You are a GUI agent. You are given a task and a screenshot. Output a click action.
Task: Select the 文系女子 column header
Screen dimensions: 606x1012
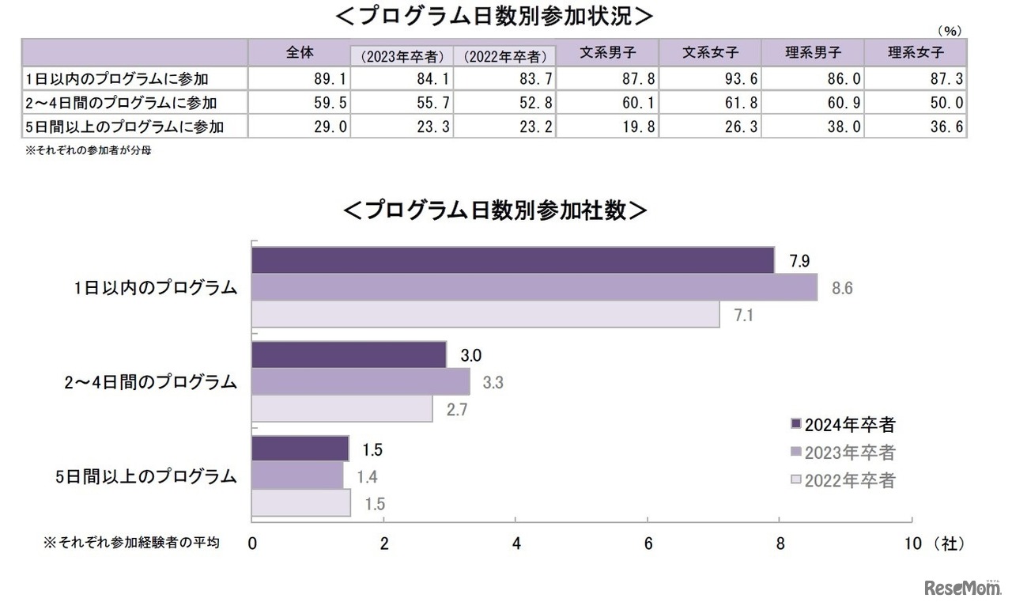710,53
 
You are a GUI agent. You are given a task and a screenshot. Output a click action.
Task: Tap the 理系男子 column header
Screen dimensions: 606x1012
813,53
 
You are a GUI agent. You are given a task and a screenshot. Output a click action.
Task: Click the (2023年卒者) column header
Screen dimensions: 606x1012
402,56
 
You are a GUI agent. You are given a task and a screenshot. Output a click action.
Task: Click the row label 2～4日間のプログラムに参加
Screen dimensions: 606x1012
119,102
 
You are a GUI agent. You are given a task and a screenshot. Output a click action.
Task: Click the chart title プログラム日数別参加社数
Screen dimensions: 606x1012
496,210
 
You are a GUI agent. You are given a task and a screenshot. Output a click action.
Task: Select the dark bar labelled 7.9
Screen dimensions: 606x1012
512,260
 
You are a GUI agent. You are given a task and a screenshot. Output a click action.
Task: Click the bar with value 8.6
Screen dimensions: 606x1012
534,287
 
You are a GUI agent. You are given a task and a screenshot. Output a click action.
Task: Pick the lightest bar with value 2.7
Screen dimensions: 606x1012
342,409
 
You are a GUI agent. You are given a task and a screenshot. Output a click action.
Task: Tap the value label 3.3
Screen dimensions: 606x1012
493,383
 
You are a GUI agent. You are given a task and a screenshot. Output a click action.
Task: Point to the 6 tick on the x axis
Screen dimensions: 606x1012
648,544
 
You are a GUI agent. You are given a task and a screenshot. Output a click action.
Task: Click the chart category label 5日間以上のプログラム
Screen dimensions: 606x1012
147,476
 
